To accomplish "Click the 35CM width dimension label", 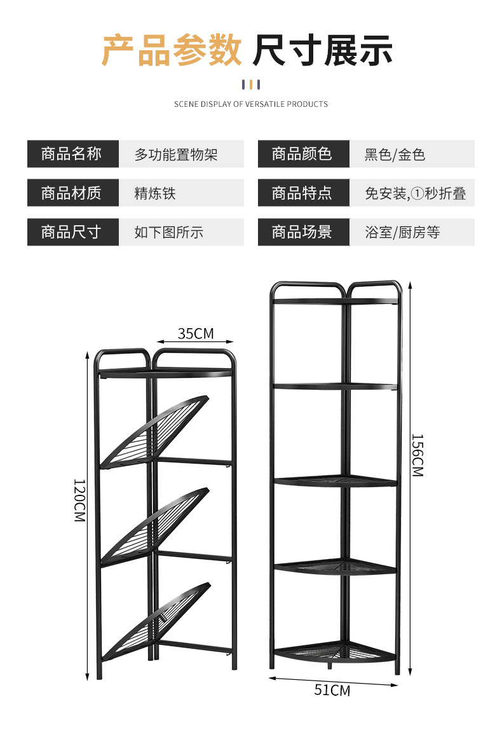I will click(x=196, y=333).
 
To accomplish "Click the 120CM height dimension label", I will click(x=79, y=501).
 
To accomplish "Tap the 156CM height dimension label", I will click(x=417, y=455).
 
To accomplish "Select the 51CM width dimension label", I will click(x=332, y=690).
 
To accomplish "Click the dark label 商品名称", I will click(x=72, y=154).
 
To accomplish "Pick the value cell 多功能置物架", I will click(x=176, y=155).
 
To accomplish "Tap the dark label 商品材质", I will click(x=72, y=193).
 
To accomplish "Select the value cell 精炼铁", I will click(x=155, y=193).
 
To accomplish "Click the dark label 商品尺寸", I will click(x=72, y=231).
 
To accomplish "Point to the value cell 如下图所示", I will click(x=168, y=232).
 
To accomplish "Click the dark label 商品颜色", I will click(x=302, y=154).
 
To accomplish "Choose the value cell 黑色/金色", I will click(x=395, y=155).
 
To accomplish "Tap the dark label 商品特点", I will click(x=302, y=193).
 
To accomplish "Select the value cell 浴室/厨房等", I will click(x=402, y=232).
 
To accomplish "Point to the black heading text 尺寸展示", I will click(x=323, y=52).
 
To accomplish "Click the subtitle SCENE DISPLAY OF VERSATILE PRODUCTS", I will click(x=251, y=104).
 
